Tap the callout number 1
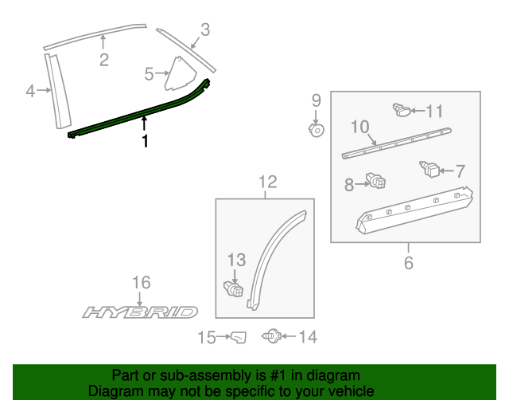pos(145,141)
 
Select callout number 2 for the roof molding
pos(103,61)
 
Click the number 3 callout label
pos(205,30)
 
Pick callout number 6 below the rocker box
pos(409,262)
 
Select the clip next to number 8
pos(375,183)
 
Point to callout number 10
pos(359,126)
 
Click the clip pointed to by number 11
pos(402,110)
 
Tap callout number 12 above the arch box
pos(267,182)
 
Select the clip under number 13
pos(232,287)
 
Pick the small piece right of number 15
pos(239,339)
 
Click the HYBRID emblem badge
pos(140,312)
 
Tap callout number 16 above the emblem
pos(141,282)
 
